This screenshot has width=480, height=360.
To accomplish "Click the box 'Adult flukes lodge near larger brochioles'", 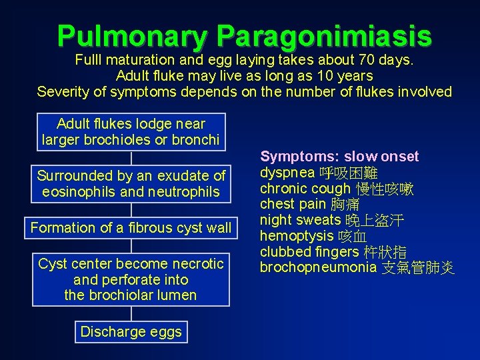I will click(x=131, y=131).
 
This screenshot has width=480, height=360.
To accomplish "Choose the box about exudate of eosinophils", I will click(x=131, y=183).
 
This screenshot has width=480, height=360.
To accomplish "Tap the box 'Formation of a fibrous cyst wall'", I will click(x=131, y=227).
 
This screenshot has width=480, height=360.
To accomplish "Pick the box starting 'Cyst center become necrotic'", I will click(x=131, y=279).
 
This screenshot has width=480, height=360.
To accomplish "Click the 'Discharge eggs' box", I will click(x=131, y=332).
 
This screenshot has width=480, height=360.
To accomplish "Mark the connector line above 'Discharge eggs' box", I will click(x=131, y=313).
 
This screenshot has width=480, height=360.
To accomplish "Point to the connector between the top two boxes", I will click(x=131, y=157).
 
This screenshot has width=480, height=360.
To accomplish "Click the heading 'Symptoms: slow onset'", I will click(x=339, y=157).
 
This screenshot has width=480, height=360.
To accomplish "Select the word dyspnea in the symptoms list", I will click(x=288, y=173).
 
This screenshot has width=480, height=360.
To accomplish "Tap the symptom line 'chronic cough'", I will click(x=305, y=189).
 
